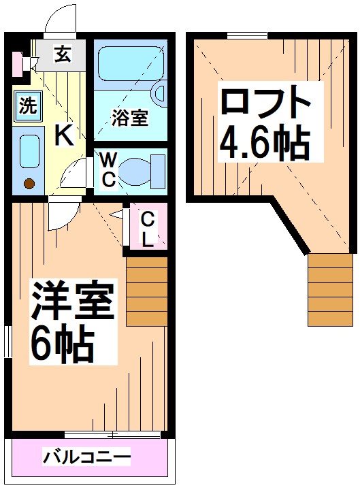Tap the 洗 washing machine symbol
27,106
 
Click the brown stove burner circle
29,183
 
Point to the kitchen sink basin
29,152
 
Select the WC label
108,170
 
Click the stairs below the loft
331,289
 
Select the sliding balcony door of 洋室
112,433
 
